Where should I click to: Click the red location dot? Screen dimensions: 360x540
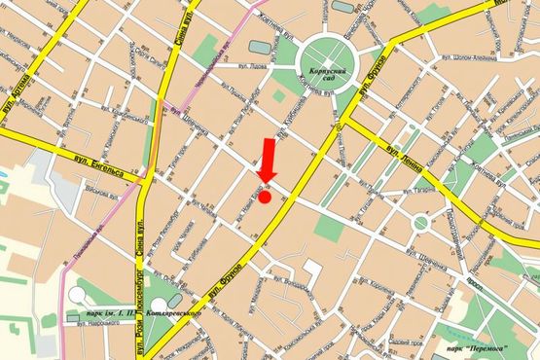click(266, 196)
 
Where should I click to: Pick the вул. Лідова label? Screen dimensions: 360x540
click(252, 67)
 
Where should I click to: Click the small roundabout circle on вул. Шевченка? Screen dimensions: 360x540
click(420, 223)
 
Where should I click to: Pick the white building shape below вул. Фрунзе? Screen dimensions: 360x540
click(314, 272)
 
